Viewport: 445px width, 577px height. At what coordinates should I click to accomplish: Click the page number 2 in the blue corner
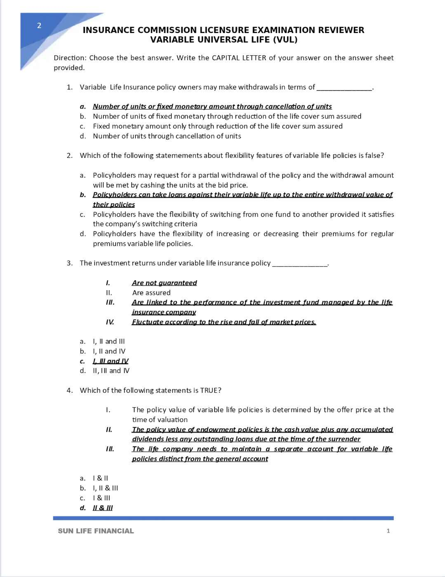tap(39, 26)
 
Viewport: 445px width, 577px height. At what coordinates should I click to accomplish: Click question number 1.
tap(69, 87)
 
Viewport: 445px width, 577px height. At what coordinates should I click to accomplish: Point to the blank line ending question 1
tap(344, 89)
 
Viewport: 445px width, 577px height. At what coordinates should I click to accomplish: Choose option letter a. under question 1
tap(83, 107)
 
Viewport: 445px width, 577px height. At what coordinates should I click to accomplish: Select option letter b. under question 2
tap(83, 195)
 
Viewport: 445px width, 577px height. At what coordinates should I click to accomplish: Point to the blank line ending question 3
tap(300, 265)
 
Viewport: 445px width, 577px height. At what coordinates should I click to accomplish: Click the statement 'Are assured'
tap(151, 293)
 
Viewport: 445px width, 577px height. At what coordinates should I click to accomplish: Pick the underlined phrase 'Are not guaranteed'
tap(164, 283)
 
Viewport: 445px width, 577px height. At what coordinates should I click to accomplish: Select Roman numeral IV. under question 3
tap(110, 322)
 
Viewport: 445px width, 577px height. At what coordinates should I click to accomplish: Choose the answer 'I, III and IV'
tap(111, 361)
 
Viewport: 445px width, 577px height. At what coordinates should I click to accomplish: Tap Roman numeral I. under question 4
tap(108, 410)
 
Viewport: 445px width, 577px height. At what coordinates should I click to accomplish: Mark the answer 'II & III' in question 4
tap(103, 508)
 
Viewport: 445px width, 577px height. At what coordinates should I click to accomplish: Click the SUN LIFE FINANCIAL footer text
tap(96, 531)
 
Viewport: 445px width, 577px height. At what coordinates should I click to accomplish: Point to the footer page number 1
tap(388, 531)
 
